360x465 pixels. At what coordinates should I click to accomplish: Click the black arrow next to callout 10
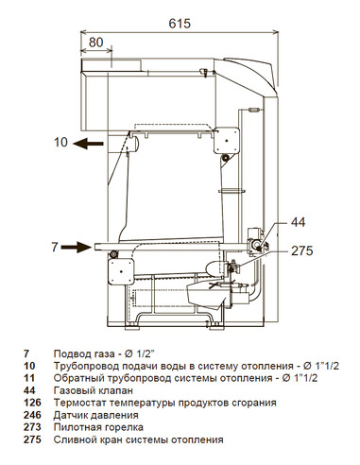tap(90, 144)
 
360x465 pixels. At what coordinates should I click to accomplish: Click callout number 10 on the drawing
tap(60, 144)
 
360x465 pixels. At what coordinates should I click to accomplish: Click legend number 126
tap(32, 403)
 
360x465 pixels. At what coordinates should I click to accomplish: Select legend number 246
tap(32, 415)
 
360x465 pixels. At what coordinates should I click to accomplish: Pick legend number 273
tap(32, 427)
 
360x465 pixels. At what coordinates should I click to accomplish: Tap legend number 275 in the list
tap(32, 439)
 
